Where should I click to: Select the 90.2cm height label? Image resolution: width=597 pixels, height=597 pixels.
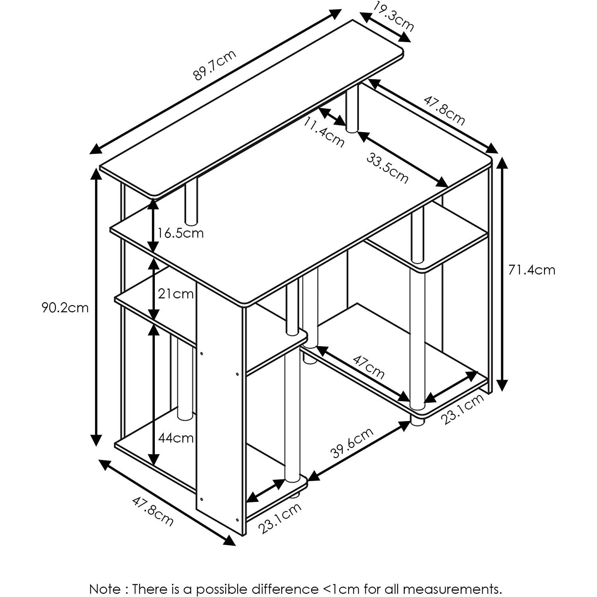pos(65,308)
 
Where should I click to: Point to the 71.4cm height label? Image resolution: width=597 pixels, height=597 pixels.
pos(531,270)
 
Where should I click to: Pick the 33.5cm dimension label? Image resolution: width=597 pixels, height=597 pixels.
pos(387,169)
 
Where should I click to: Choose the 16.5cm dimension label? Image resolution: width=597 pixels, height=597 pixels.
pos(180,233)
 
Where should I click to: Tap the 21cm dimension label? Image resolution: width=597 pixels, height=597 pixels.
pos(176,294)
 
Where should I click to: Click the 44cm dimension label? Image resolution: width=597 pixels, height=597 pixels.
pos(176,438)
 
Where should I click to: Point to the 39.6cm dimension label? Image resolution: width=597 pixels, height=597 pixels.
pos(352,443)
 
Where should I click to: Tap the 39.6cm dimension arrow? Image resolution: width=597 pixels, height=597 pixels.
pos(359,451)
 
